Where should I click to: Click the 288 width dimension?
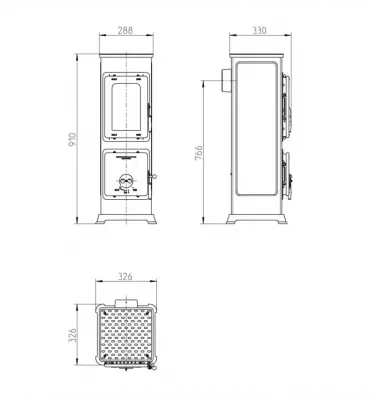point(126,31)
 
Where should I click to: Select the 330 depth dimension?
point(260,31)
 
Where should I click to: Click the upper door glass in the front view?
point(125,106)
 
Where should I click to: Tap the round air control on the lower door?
point(126,181)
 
